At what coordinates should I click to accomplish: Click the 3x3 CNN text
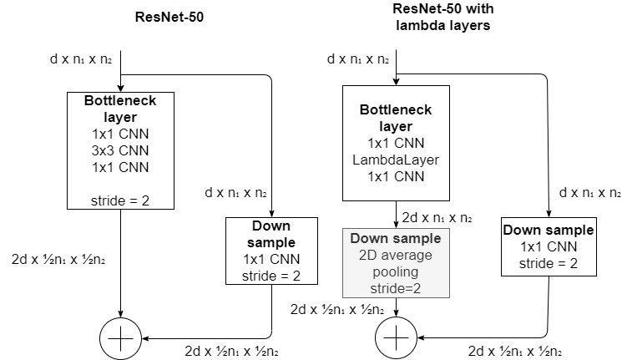tap(120, 150)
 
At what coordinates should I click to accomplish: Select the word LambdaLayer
tap(396, 160)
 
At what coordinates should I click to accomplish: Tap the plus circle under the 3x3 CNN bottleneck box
tap(121, 339)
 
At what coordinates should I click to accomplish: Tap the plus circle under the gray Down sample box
tap(396, 338)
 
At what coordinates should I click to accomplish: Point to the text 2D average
tap(396, 256)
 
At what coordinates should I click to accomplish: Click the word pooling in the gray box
tap(396, 272)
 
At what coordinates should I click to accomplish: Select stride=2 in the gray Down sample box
tap(396, 289)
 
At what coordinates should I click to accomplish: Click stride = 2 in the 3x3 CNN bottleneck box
tap(120, 200)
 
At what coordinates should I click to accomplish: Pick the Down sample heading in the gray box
tap(396, 239)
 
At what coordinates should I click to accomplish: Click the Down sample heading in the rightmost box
tap(548, 231)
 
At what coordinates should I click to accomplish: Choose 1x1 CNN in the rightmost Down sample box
tap(548, 247)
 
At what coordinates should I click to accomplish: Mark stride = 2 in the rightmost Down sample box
tap(548, 264)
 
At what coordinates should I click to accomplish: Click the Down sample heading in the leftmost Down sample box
tap(271, 234)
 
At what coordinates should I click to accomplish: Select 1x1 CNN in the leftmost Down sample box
tap(271, 259)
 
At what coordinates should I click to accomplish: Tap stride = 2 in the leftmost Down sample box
tap(271, 276)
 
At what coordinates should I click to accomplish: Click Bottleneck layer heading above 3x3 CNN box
tap(120, 109)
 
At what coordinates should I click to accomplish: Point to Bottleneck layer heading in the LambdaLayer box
tap(396, 118)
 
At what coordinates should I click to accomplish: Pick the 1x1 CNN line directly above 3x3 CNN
tap(120, 134)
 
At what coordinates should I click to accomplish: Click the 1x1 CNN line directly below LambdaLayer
tap(396, 176)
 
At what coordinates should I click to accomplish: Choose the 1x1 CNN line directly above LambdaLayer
tap(396, 143)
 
